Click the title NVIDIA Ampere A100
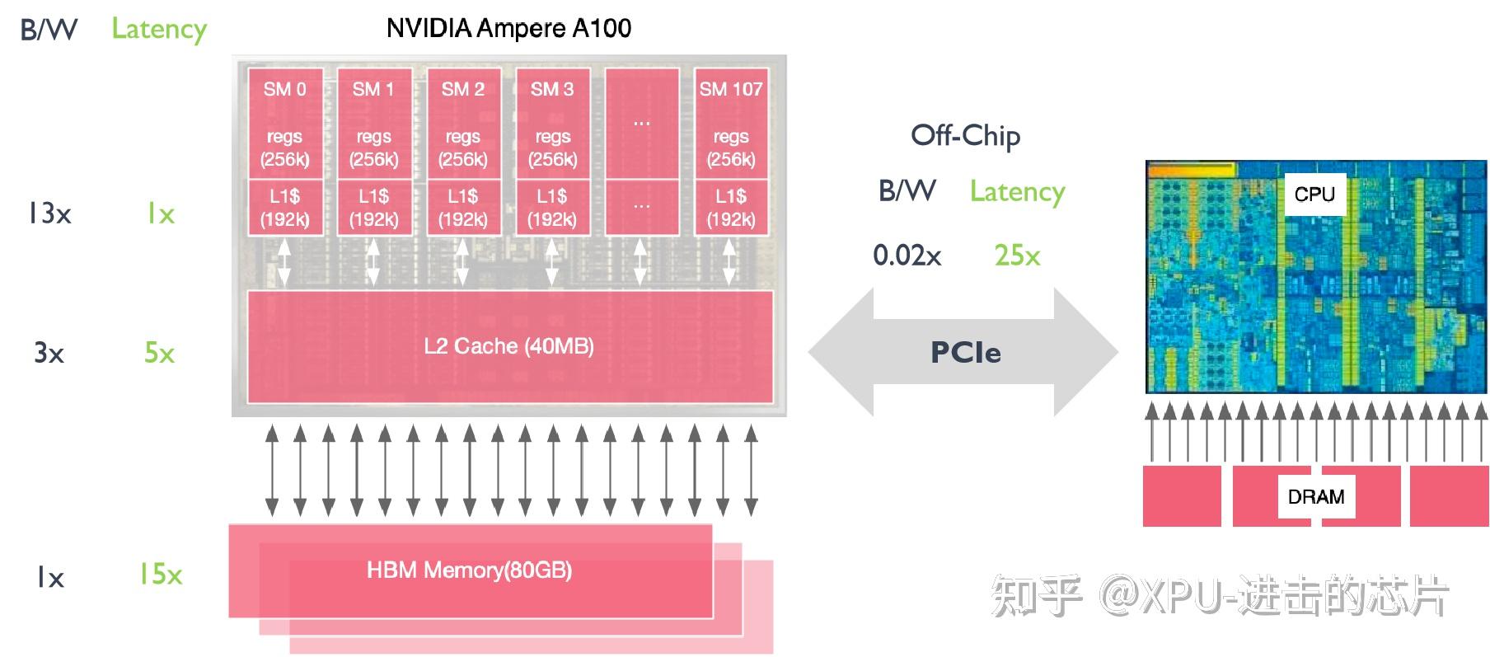pos(508,28)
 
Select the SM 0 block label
pos(284,89)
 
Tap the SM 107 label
pos(730,89)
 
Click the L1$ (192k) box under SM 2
pos(462,208)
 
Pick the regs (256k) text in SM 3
pos(552,148)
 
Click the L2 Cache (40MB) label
pos(508,346)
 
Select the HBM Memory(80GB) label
pos(469,570)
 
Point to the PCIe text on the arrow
pos(965,353)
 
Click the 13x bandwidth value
pos(49,214)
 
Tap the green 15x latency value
pos(160,574)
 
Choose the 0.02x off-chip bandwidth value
pos(907,256)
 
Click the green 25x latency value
pos(1017,256)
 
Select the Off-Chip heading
pos(965,135)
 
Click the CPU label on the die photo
pos(1314,195)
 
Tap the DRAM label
pos(1315,497)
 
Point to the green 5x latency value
pos(159,354)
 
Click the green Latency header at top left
pos(159,29)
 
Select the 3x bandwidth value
pos(49,354)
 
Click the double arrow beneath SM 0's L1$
pos(283,262)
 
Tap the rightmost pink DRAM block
pos(1448,496)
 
